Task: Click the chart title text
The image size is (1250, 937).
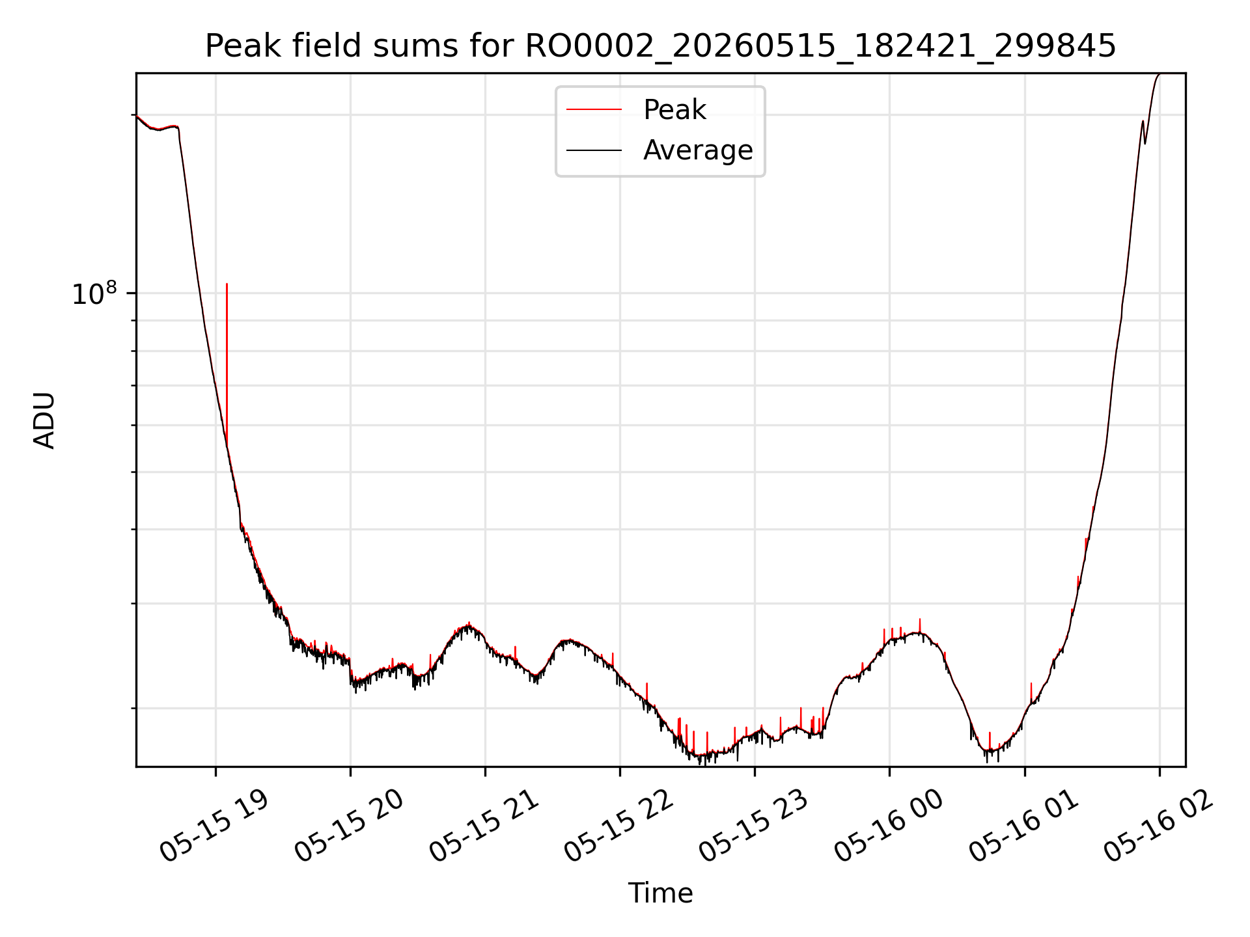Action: [660, 46]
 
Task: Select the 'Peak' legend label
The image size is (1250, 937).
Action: [674, 110]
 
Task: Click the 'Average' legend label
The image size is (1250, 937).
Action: [698, 150]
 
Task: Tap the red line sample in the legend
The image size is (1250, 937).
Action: [594, 110]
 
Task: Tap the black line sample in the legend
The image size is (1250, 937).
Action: [594, 150]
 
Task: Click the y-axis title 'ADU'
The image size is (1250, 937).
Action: [44, 420]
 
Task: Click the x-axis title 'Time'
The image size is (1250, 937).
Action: [660, 893]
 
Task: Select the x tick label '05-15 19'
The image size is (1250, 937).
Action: [214, 826]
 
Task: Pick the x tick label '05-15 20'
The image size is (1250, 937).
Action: [350, 826]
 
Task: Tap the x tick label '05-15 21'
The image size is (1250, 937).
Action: [484, 826]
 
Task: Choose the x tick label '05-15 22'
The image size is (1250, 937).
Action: [619, 826]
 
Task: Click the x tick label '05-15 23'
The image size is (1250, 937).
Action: [754, 826]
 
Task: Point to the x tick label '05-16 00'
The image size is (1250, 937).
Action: [889, 826]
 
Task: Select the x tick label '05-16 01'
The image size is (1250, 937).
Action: [1024, 826]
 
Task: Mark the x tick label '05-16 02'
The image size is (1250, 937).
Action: [1159, 826]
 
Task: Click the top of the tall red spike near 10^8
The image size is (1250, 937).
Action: [227, 284]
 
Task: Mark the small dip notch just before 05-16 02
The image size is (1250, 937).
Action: [1145, 143]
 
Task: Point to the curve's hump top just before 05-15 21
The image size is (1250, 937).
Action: [469, 625]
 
